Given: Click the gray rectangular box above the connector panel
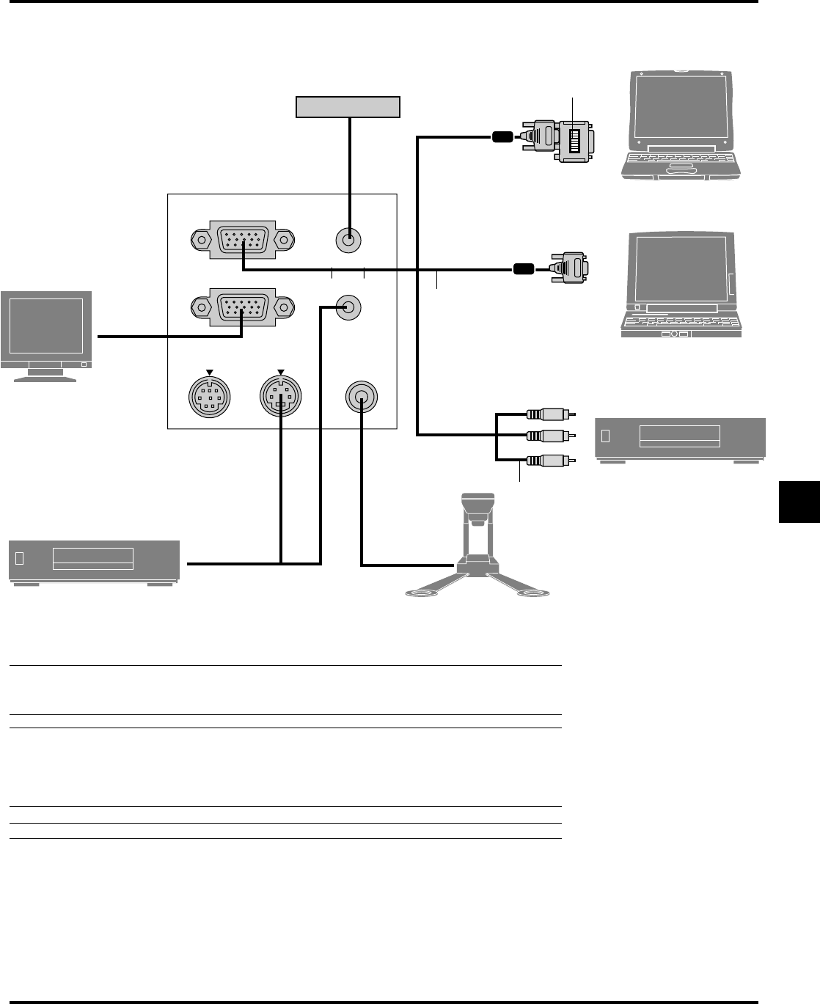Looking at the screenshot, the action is [x=348, y=107].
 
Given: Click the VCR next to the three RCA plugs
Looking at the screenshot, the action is [x=680, y=439].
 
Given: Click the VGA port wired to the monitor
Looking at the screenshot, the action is [x=242, y=306].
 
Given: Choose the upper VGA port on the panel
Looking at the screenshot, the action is [x=242, y=239].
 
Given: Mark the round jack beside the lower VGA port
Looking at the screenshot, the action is [x=348, y=307].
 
